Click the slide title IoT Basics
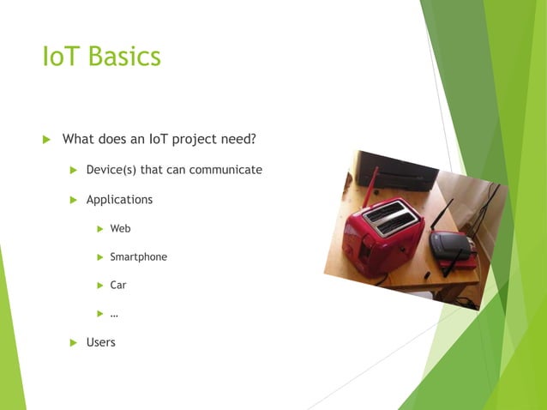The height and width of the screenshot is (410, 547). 101,57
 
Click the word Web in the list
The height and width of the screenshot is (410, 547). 120,229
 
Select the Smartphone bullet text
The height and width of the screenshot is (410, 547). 138,257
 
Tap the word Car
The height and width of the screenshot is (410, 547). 118,286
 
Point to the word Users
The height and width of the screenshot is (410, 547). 100,342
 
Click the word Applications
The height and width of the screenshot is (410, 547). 119,200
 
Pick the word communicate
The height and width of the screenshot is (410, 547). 225,170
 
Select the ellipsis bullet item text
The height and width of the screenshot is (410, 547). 114,314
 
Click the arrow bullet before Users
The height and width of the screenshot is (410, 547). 74,342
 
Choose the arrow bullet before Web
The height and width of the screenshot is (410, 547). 99,229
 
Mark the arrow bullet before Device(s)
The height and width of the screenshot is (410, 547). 74,170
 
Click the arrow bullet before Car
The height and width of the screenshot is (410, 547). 99,286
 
